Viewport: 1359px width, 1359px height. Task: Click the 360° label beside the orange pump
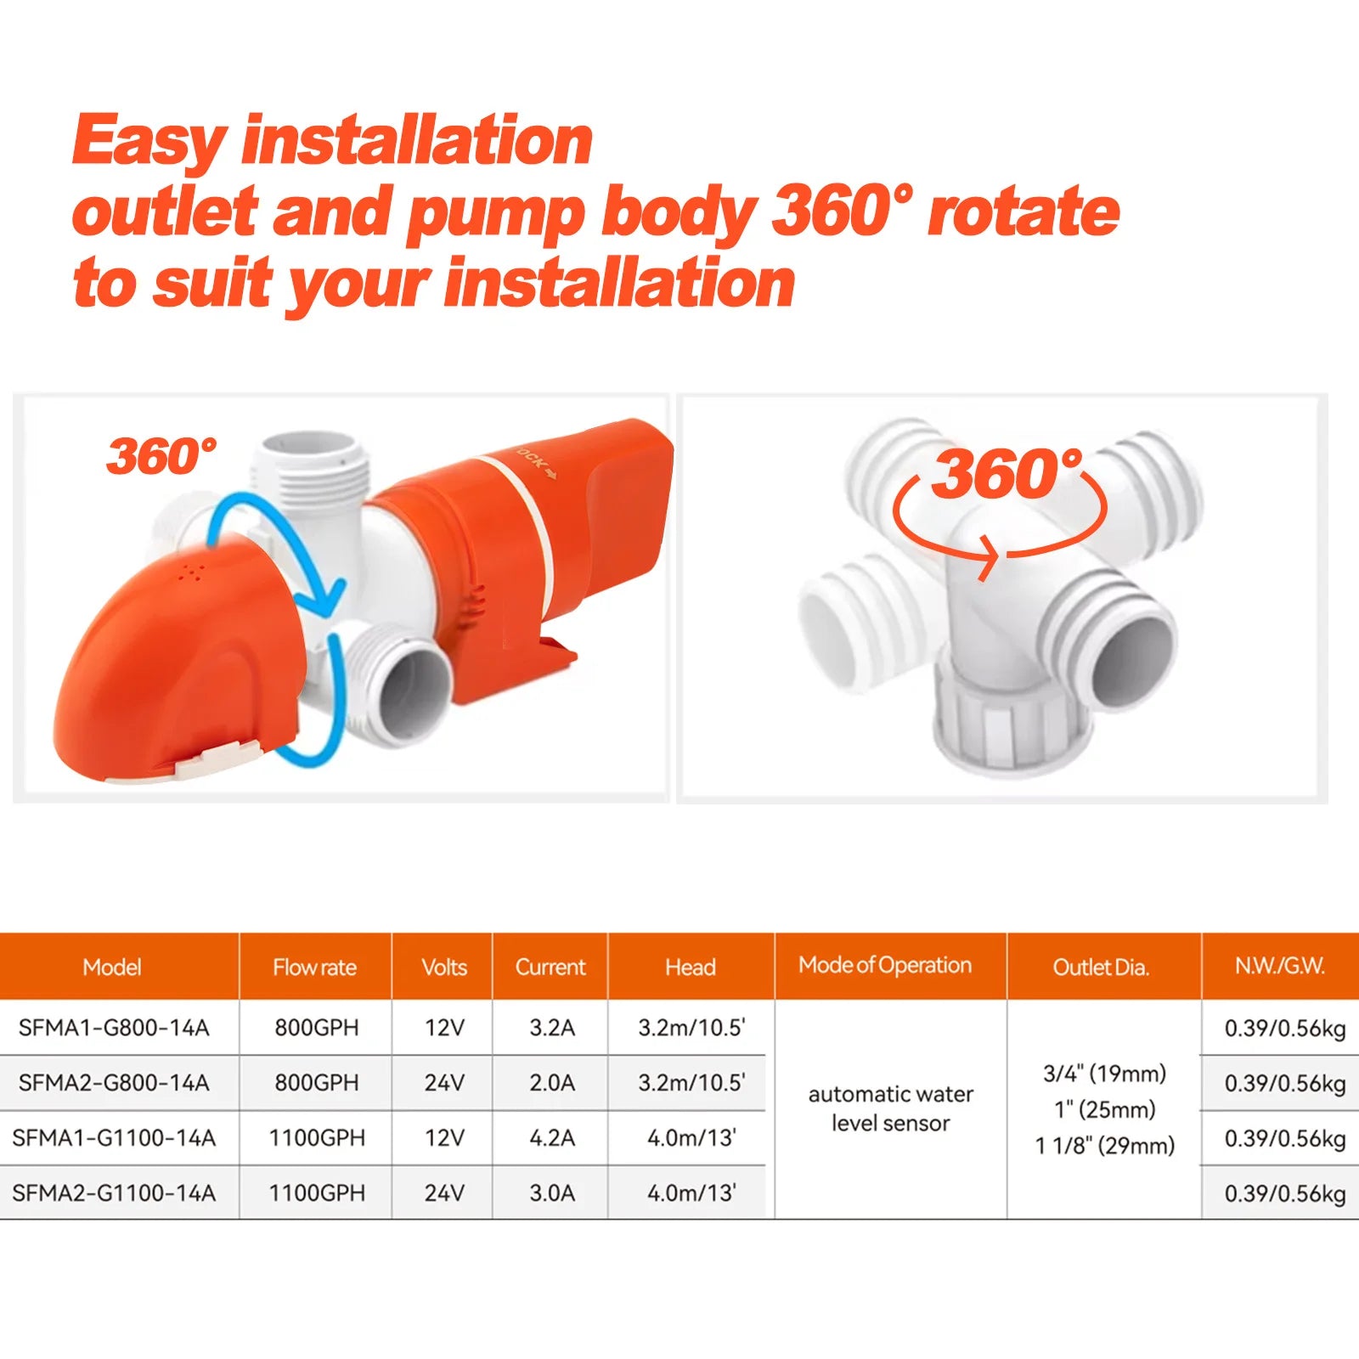click(161, 456)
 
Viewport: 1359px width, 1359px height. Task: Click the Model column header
click(112, 967)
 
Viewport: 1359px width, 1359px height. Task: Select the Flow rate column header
click(314, 967)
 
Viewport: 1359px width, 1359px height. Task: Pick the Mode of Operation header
click(885, 965)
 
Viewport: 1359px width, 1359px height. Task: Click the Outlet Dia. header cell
click(1101, 967)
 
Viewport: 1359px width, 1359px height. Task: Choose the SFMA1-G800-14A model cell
click(114, 1028)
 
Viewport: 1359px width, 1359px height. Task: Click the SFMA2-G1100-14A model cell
click(114, 1193)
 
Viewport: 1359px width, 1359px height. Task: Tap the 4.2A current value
click(552, 1137)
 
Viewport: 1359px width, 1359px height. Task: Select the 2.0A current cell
click(552, 1082)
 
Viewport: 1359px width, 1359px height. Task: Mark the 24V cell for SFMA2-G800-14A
click(444, 1082)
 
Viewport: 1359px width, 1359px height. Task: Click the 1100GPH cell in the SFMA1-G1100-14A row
click(317, 1137)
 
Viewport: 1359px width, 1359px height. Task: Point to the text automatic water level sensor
click(890, 1108)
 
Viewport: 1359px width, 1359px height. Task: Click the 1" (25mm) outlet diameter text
click(1105, 1109)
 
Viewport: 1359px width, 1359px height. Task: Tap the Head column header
click(691, 967)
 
